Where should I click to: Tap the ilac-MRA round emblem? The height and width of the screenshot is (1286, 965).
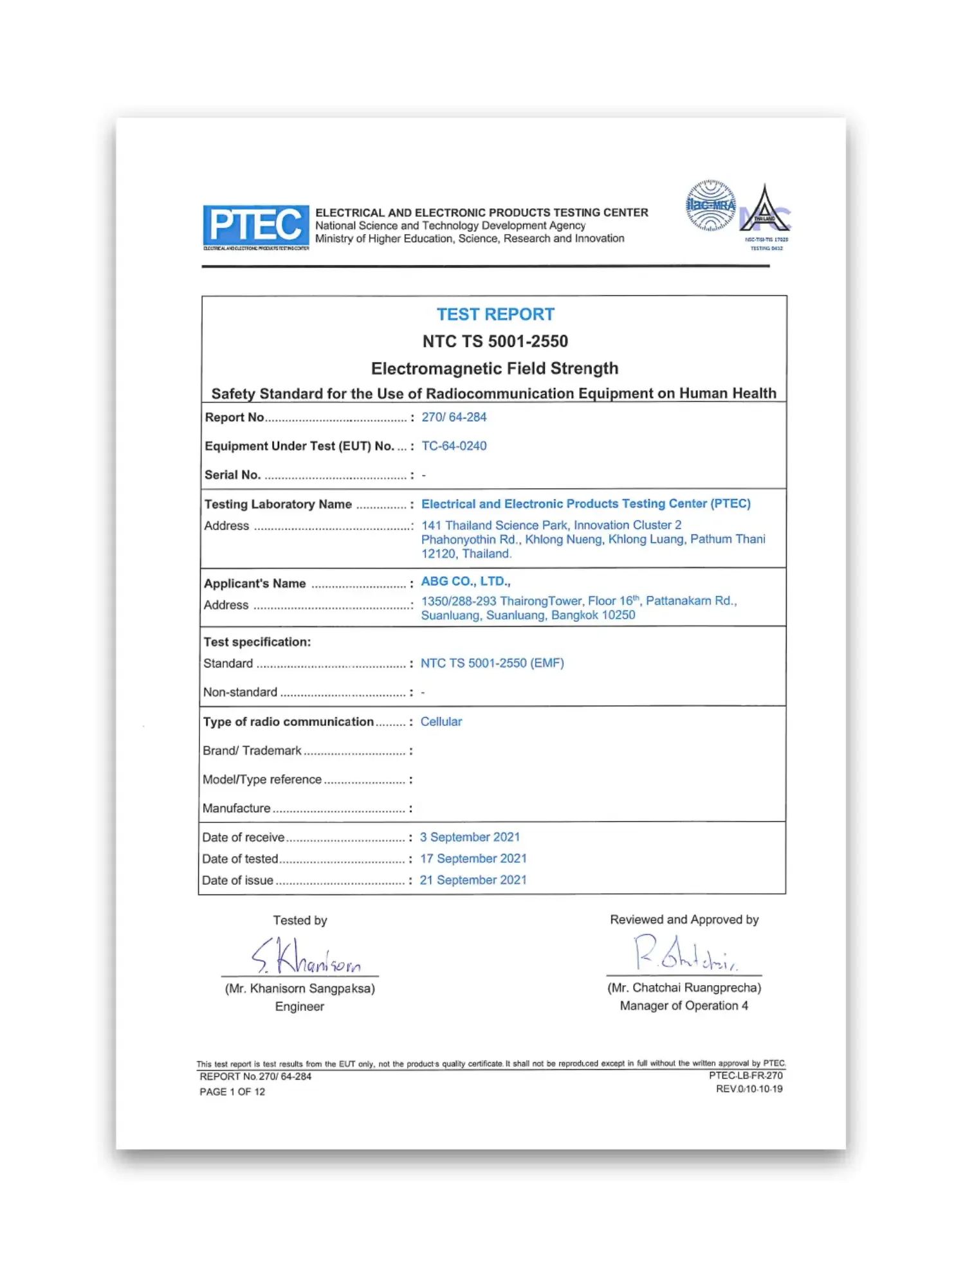(710, 205)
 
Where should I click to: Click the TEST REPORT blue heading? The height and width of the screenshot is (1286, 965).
(495, 314)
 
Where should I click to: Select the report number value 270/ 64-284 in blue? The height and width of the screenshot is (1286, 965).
(454, 417)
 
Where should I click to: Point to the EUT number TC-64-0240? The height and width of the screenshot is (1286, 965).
(454, 446)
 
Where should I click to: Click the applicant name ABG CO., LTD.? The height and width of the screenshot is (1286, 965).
(465, 581)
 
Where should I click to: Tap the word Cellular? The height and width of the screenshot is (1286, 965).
(441, 721)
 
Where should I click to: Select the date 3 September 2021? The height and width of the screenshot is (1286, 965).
(470, 837)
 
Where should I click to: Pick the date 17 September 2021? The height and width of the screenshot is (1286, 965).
(473, 858)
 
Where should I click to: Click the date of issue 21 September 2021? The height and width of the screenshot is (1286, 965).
(473, 880)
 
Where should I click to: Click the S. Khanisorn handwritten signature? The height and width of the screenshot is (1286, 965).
(306, 957)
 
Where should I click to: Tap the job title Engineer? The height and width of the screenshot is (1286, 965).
(299, 1007)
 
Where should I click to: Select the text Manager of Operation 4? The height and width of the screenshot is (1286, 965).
(684, 1006)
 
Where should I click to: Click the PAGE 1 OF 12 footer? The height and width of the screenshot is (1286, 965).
(232, 1092)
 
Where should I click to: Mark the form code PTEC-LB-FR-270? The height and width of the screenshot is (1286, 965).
(746, 1076)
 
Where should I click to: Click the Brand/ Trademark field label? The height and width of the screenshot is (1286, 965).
(252, 751)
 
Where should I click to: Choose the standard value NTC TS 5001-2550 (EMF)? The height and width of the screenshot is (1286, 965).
(492, 663)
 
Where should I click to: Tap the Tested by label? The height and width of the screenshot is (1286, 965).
(300, 920)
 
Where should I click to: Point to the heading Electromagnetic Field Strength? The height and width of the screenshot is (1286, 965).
(495, 368)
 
